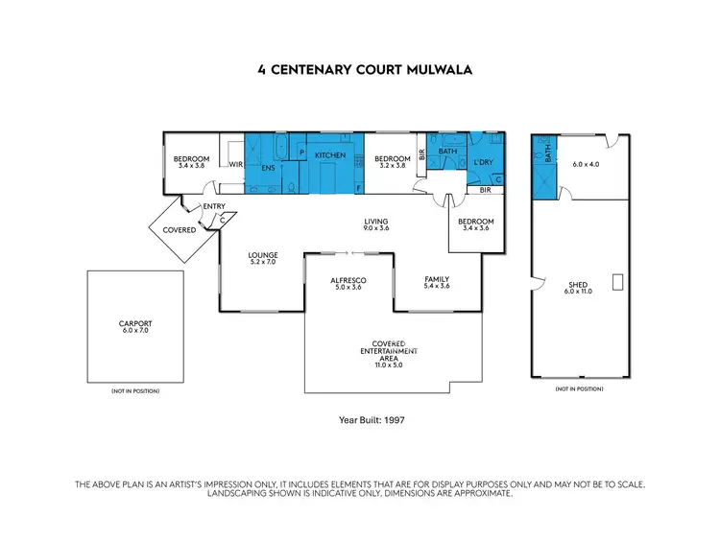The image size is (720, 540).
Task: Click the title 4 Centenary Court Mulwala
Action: (359, 70)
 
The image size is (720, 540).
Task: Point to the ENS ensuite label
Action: (270, 169)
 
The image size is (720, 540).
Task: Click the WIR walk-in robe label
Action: (234, 164)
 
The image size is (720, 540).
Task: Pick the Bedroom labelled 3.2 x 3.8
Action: (392, 162)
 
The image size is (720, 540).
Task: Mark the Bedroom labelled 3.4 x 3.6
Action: (476, 225)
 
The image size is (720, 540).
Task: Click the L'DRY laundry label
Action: (483, 162)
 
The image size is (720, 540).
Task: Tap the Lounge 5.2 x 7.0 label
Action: (262, 258)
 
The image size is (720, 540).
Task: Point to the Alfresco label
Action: (349, 283)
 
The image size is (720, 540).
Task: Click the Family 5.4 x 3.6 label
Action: (437, 283)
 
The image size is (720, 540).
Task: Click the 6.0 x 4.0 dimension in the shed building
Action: (586, 164)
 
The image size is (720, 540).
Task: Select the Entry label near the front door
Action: (213, 206)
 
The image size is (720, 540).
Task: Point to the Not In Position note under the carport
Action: (134, 391)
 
